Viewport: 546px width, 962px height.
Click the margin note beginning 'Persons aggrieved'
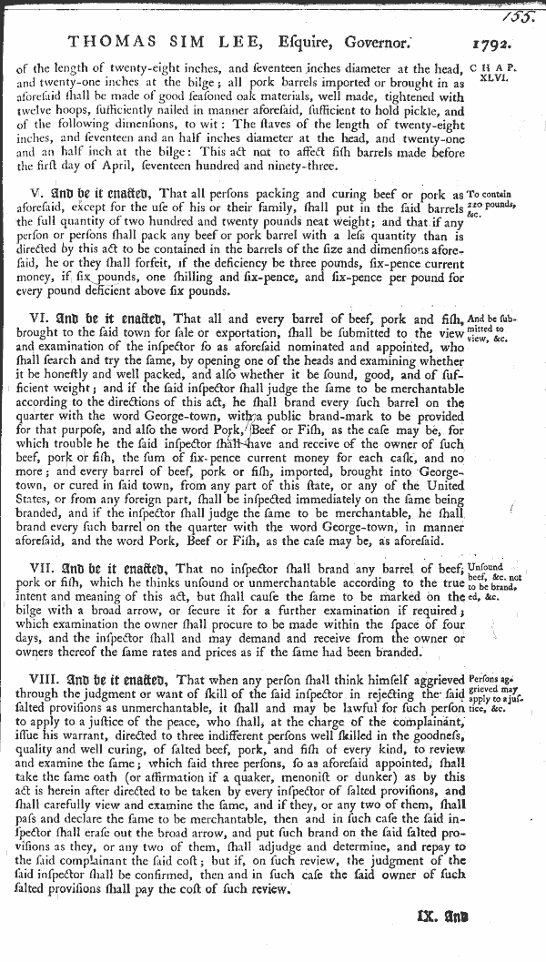500,693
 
